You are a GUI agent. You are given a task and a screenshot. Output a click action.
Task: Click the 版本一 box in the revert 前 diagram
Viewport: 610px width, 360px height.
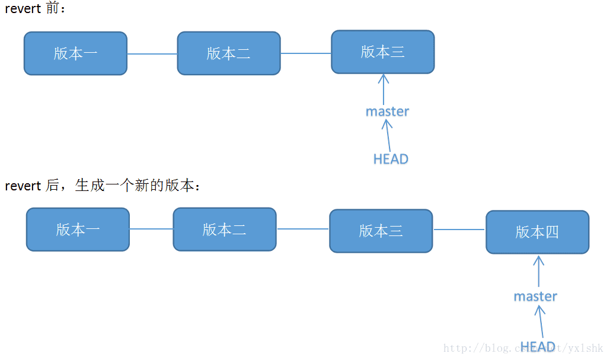75,53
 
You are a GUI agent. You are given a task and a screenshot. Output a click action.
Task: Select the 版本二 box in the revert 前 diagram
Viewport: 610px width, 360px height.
229,53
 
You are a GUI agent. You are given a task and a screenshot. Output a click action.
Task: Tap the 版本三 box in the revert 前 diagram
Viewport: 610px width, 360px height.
382,52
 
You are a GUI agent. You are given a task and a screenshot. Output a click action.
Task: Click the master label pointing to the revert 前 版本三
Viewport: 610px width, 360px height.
387,111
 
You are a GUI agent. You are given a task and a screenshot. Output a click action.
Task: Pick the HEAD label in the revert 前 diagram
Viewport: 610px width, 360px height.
391,159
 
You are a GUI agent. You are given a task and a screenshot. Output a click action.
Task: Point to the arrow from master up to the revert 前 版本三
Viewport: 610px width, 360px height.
384,88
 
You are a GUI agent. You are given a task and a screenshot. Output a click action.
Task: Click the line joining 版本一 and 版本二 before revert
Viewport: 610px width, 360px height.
152,54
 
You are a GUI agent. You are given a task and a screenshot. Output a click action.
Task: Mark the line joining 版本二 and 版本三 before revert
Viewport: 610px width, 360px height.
306,53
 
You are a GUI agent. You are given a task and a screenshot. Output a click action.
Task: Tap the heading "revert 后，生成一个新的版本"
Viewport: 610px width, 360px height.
103,186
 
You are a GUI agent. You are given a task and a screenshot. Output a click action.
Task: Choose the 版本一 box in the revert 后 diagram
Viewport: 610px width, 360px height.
78,230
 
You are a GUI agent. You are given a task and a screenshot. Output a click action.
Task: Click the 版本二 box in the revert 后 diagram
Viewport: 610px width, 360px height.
224,229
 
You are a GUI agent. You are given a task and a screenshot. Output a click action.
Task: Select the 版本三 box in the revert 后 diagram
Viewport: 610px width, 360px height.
381,231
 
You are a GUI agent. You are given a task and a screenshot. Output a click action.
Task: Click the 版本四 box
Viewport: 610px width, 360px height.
537,232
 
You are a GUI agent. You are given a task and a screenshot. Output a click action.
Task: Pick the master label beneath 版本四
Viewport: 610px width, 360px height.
535,296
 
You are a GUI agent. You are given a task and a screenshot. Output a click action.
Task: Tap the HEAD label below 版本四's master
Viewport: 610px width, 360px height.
537,346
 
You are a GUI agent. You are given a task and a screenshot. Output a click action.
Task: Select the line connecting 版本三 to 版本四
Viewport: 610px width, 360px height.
459,230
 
